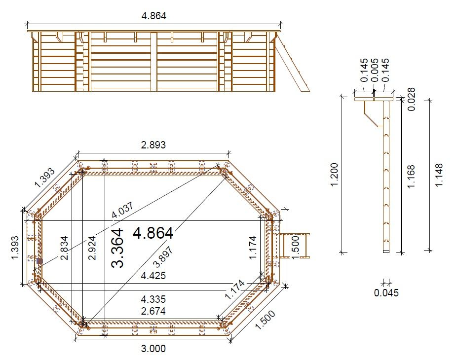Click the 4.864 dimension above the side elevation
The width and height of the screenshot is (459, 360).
(153, 15)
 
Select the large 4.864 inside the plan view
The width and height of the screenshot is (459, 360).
(153, 233)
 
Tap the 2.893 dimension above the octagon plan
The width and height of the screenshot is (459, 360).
(153, 144)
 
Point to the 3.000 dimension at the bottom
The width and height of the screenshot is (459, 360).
(153, 348)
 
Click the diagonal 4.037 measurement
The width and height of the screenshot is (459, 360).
(123, 210)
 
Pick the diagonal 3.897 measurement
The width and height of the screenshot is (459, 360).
(163, 257)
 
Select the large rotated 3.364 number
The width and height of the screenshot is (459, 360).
(117, 248)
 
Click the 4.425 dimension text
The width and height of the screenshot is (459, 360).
(153, 276)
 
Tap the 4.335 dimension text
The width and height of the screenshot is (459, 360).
(153, 299)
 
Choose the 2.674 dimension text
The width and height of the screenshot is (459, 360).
(153, 311)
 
